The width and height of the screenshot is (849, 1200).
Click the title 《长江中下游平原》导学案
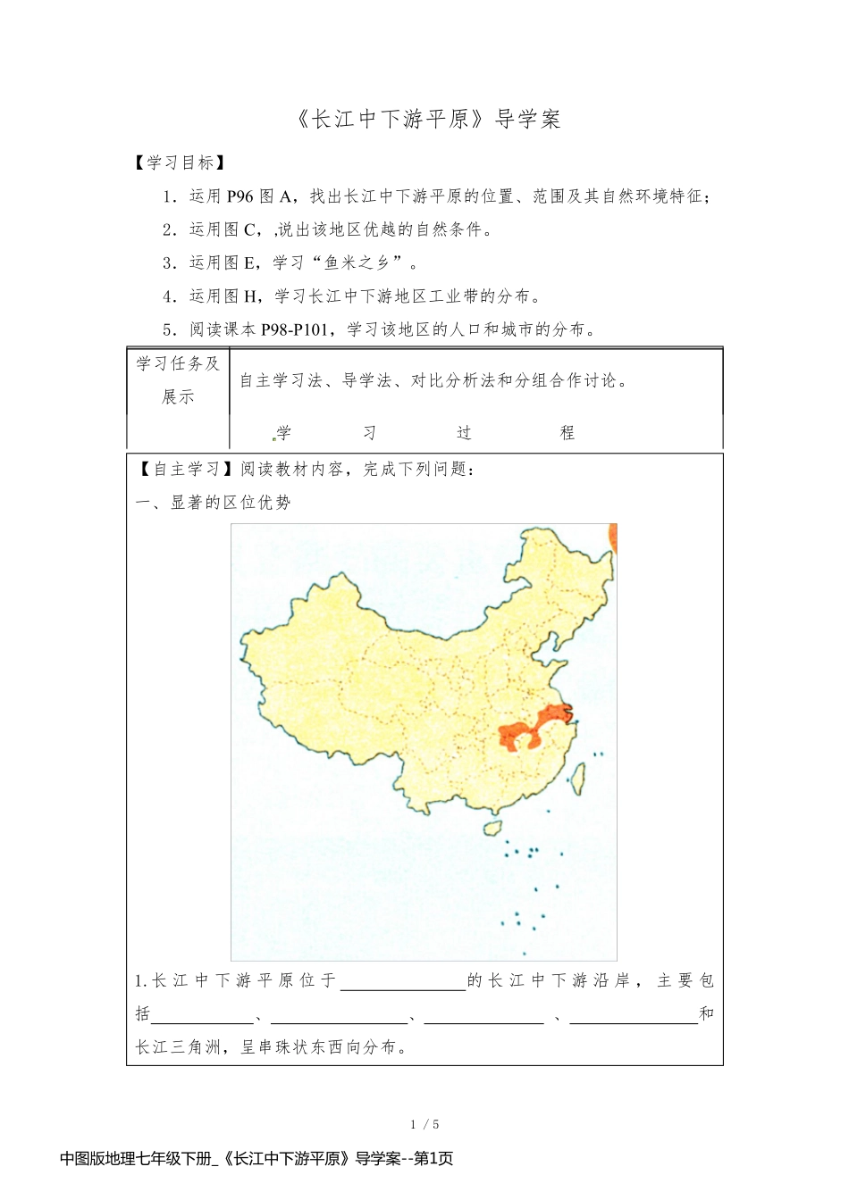pos(426,119)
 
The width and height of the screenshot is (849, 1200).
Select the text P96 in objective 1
pos(240,196)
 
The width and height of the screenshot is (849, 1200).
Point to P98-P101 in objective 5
pos(295,329)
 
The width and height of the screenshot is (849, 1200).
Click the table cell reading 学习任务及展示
pos(178,379)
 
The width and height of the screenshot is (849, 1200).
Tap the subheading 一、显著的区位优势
pos(214,503)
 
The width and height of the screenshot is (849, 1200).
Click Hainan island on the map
pos(492,829)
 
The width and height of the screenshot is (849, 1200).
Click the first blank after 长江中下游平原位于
pos(403,981)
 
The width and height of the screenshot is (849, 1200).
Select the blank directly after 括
pos(203,1014)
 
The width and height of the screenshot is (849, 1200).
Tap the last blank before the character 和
pos(633,1014)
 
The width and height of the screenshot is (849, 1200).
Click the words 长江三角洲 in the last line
pos(179,1046)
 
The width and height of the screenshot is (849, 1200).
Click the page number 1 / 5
pos(424,1124)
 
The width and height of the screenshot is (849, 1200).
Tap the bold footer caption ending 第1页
pos(256,1159)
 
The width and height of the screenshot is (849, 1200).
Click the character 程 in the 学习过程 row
pos(567,433)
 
